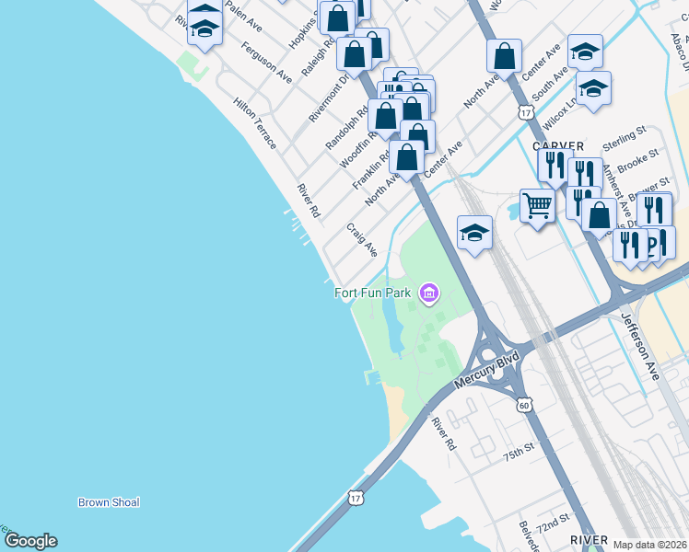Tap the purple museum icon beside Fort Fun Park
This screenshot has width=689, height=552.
(427, 294)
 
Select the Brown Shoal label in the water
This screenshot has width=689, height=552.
(109, 502)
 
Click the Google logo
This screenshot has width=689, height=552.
(30, 541)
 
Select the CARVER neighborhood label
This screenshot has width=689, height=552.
(557, 145)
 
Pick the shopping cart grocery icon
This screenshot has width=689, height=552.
(537, 206)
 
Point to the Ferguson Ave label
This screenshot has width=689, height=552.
(267, 63)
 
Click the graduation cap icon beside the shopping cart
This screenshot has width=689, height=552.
(474, 232)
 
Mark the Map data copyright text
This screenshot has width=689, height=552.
(650, 545)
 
